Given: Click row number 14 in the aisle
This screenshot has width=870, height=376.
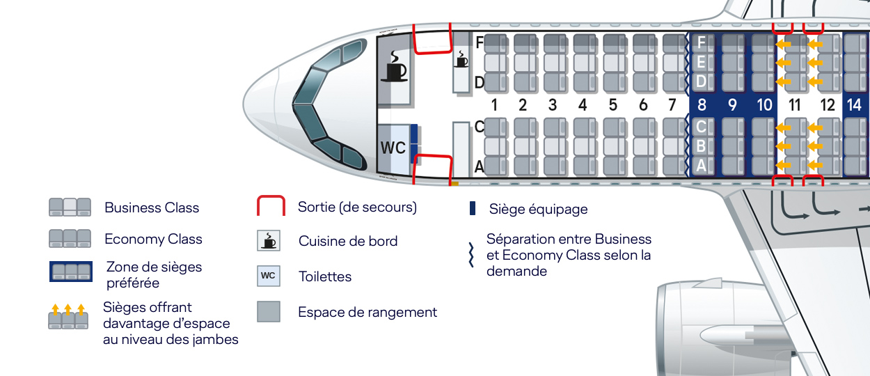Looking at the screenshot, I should click(x=854, y=105).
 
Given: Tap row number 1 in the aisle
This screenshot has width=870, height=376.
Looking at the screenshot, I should click(x=493, y=105).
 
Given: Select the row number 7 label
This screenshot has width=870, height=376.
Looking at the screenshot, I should click(x=672, y=105).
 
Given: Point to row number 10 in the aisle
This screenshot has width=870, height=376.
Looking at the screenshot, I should click(x=764, y=105).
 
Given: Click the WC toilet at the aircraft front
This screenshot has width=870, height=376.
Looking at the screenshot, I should click(x=393, y=148).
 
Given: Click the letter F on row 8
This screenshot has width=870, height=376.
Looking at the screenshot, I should click(x=701, y=42).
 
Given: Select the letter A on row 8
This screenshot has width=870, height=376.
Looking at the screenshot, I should click(x=701, y=166).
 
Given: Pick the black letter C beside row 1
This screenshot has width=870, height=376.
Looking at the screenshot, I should click(x=479, y=127).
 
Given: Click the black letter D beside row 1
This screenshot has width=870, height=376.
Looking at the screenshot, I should click(x=479, y=83).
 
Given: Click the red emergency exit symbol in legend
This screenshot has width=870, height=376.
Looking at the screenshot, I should click(x=271, y=207).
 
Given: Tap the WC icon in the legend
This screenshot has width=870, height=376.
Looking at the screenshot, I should click(x=268, y=276).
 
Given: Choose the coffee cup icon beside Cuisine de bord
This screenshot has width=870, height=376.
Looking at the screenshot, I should click(x=268, y=241).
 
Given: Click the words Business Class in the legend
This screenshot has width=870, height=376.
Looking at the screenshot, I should click(x=152, y=207).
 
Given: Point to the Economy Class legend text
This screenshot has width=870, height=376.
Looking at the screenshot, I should click(x=153, y=239).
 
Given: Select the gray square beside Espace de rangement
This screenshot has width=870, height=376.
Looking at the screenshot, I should click(x=268, y=311).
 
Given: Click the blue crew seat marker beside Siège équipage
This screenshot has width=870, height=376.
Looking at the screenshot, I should click(x=473, y=208).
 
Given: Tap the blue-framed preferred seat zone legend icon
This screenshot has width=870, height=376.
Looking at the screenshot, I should click(x=70, y=272).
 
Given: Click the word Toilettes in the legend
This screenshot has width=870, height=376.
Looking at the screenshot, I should click(x=325, y=276).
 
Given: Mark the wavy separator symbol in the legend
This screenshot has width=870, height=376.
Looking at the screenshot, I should click(x=471, y=254).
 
